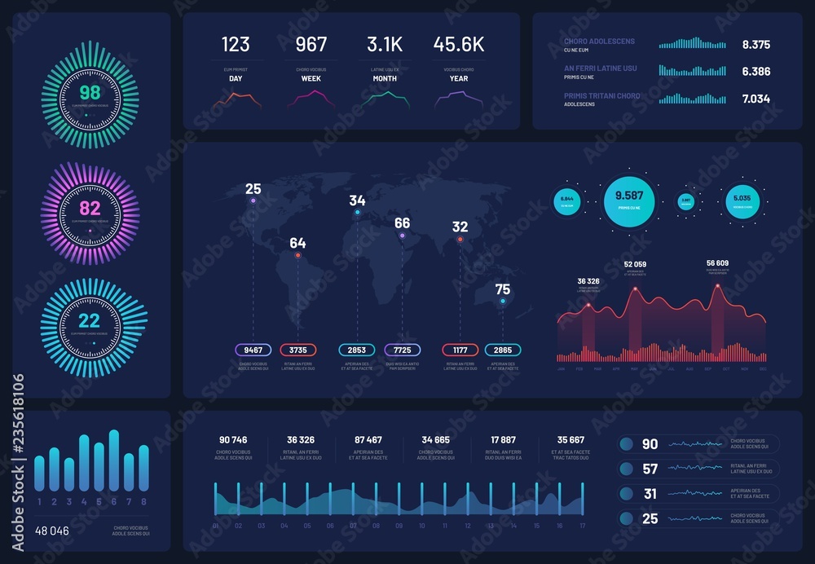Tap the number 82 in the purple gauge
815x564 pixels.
90,208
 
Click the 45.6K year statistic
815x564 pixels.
459,44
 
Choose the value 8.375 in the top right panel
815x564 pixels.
756,45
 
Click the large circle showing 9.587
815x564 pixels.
629,196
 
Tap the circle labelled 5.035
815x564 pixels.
742,198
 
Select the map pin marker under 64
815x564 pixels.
297,256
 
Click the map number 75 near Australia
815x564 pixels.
503,289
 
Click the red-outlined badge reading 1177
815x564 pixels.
460,350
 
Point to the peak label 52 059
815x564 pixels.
635,265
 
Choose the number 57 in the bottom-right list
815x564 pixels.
650,469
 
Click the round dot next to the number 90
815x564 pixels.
627,444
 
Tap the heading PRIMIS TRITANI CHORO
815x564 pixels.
601,96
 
